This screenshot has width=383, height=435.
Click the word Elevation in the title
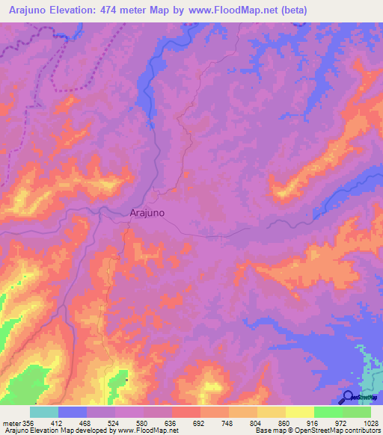82,10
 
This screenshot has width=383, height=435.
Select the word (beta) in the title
292,10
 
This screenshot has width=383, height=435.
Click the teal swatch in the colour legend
43,412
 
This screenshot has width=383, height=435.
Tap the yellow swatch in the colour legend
299,412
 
